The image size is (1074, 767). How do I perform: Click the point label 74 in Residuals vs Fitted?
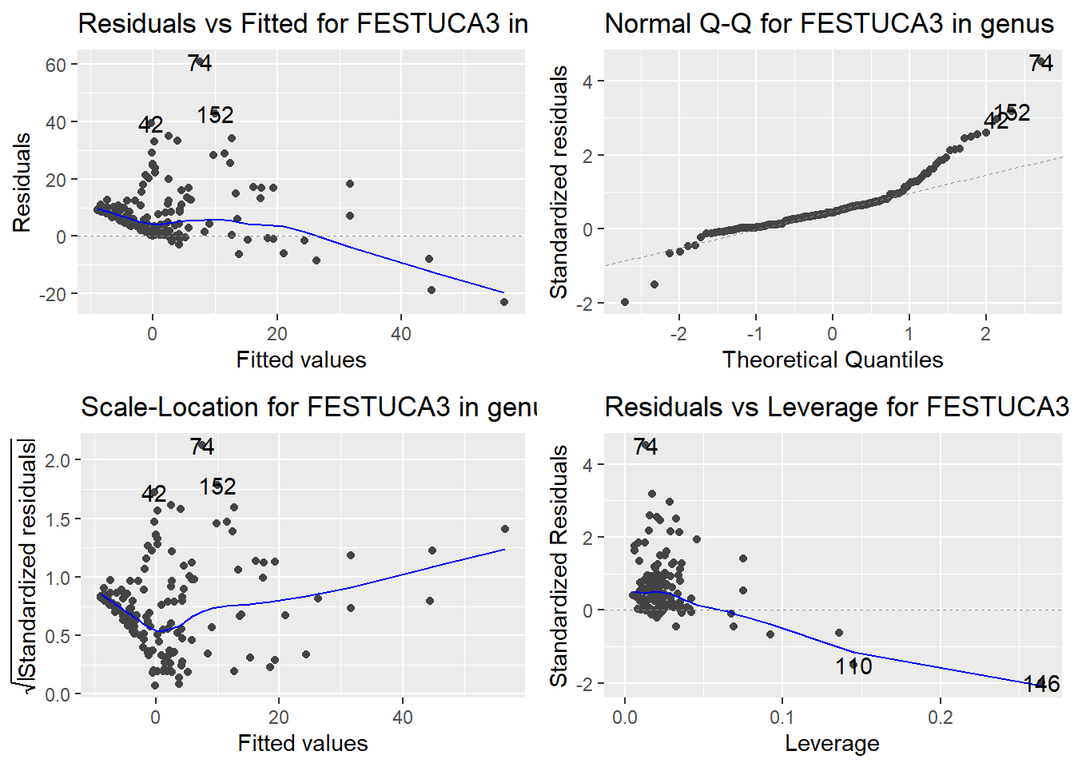200,63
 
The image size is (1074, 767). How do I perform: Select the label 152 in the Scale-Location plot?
217,487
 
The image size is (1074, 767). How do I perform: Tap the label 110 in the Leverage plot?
853,666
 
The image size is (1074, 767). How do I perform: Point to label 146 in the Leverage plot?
1041,684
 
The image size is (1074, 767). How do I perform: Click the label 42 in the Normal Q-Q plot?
996,121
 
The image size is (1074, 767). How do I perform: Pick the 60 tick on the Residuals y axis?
56,65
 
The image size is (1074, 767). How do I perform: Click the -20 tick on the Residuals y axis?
53,294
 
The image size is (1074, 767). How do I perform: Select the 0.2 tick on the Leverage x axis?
940,717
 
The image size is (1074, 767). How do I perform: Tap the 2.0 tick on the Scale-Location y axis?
58,460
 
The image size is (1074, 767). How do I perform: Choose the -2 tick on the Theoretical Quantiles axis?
678,333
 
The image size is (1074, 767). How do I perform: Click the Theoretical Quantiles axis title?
833,360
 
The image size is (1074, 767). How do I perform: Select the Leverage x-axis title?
832,743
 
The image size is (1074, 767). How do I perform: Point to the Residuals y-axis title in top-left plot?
22,182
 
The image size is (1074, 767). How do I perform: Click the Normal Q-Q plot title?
829,24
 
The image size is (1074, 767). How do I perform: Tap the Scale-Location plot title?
308,407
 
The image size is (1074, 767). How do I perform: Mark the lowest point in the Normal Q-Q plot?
625,302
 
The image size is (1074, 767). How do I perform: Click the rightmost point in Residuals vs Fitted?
504,302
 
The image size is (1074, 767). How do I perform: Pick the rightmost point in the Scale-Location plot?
505,529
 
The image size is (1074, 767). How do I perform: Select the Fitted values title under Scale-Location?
303,743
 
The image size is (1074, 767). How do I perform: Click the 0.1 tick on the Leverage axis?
782,717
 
